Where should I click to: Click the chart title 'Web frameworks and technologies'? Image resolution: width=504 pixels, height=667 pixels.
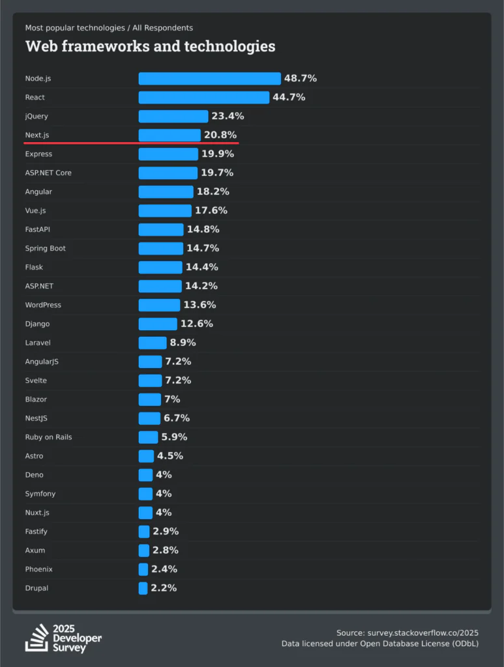[150, 46]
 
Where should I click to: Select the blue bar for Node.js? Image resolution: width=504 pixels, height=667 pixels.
[209, 79]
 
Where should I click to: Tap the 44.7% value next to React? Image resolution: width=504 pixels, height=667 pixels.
[289, 98]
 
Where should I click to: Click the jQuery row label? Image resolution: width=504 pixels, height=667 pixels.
[37, 117]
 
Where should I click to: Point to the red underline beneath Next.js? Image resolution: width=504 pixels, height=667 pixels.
[131, 142]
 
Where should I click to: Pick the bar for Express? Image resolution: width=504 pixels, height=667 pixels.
[168, 154]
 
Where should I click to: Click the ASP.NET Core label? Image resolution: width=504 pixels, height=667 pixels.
[48, 173]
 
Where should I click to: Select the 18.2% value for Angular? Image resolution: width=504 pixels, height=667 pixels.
[213, 192]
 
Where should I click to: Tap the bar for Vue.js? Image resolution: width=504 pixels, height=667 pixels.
[165, 211]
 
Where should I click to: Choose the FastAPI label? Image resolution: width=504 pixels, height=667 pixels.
[38, 230]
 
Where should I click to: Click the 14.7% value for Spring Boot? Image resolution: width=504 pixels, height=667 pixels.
[203, 249]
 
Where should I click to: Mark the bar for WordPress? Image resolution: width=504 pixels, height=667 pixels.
[159, 305]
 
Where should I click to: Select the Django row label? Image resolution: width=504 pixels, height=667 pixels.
[37, 324]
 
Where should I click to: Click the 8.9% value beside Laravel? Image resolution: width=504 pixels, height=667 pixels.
[183, 343]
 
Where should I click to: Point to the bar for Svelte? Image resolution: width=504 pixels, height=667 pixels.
[150, 381]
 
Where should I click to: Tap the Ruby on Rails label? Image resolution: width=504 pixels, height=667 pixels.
[48, 438]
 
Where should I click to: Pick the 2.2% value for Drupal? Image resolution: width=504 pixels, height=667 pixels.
[164, 589]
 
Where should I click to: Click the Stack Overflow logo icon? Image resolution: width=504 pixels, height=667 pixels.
[37, 638]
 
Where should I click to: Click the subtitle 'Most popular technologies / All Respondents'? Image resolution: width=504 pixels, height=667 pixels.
[109, 28]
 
